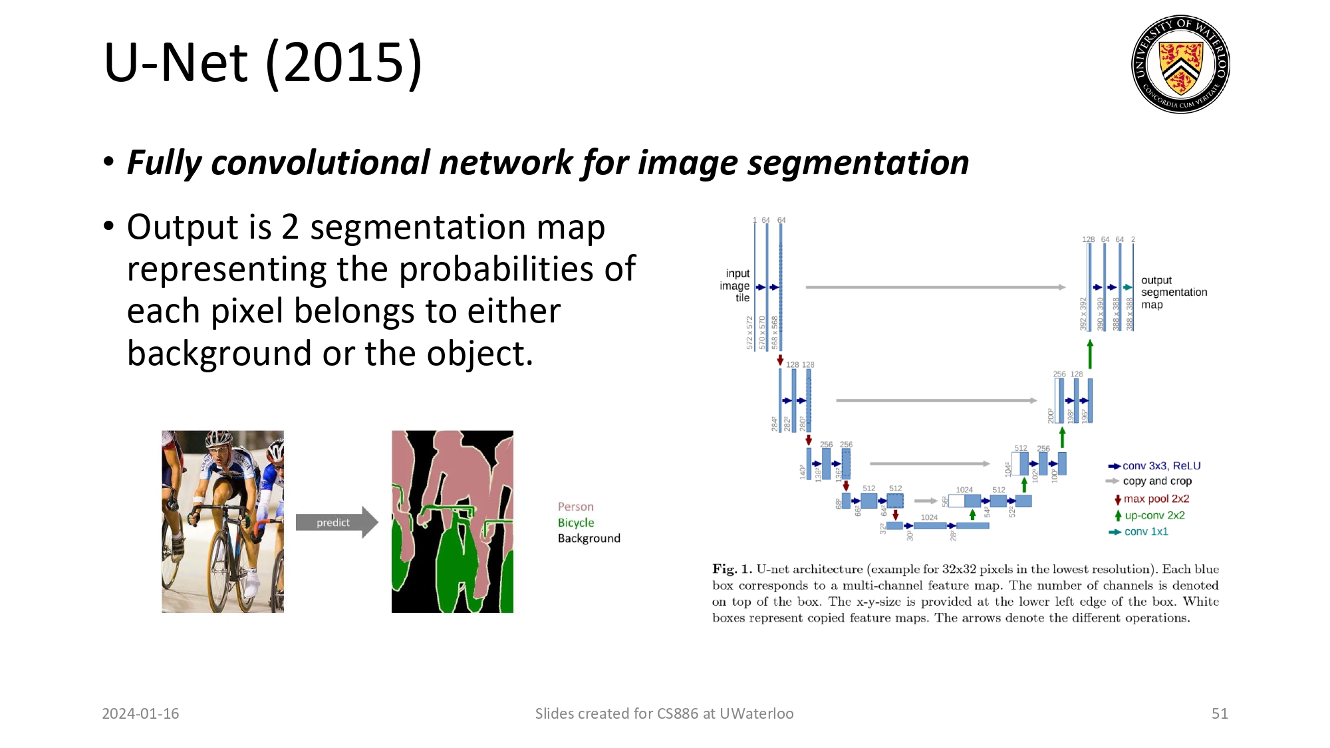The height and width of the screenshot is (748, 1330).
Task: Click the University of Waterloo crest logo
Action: point(1180,64)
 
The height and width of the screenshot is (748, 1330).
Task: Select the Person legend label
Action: point(575,507)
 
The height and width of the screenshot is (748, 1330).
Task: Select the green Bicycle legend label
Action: point(575,523)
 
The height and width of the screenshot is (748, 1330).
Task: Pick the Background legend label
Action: point(589,539)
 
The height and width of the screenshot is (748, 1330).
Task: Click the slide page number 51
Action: point(1219,713)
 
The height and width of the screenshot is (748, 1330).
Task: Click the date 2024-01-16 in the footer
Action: point(140,713)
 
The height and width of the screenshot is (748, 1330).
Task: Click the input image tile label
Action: point(736,286)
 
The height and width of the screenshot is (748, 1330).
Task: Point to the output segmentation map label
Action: point(1173,293)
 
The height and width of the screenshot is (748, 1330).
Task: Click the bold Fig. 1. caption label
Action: point(731,569)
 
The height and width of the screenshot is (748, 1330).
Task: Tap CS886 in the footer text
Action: point(677,713)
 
